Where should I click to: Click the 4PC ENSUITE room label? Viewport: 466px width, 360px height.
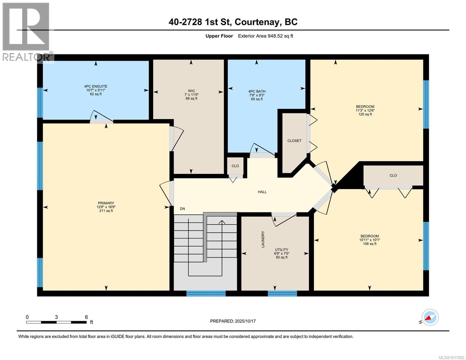tap(95, 86)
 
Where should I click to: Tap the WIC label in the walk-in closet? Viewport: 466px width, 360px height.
tap(191, 91)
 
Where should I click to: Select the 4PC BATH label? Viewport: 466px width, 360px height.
tap(257, 91)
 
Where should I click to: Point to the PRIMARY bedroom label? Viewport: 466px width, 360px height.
tap(106, 203)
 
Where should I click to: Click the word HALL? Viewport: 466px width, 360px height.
tap(262, 192)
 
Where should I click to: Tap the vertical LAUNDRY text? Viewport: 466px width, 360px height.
tap(263, 239)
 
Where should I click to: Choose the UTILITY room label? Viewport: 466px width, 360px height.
tap(281, 250)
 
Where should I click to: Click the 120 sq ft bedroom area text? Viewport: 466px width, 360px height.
tap(365, 114)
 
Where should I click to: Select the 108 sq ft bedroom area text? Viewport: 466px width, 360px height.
tap(369, 244)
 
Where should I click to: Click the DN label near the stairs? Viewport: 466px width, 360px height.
tap(182, 209)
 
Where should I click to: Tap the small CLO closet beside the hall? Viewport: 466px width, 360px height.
tap(235, 166)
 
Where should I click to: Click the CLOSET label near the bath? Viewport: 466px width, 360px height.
tap(294, 141)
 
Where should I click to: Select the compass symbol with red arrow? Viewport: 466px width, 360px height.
tap(430, 317)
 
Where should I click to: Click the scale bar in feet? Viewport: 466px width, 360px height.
tap(56, 322)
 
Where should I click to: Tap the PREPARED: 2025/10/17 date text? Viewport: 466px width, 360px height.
tap(233, 321)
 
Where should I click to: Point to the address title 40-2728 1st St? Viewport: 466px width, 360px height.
tap(233, 22)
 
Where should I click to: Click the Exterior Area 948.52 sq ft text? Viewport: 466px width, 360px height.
tap(265, 36)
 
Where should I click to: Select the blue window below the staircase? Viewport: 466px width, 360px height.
tap(206, 293)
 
